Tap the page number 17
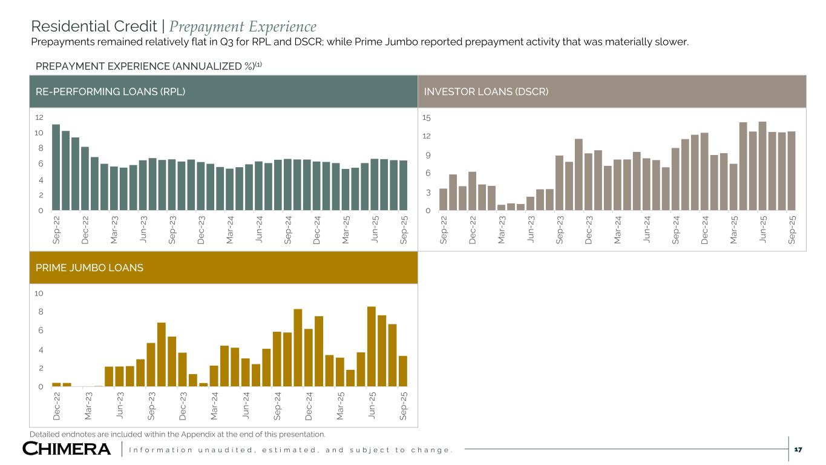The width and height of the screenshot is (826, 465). pos(798,449)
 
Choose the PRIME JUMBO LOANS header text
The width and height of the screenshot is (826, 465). pos(86,267)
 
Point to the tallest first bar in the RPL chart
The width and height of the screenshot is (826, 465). pos(56,167)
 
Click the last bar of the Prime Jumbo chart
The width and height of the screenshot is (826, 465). pos(402,371)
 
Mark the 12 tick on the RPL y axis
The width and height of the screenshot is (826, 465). pos(39,117)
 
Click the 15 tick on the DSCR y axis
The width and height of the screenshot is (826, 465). pos(427,117)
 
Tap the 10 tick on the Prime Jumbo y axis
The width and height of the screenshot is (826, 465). pos(39,294)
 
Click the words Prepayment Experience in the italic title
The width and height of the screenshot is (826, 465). pos(243,27)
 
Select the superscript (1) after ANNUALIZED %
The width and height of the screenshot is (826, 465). pos(258,64)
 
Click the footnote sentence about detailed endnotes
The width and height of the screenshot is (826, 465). pos(177,434)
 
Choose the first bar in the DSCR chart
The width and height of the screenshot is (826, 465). pos(443,200)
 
